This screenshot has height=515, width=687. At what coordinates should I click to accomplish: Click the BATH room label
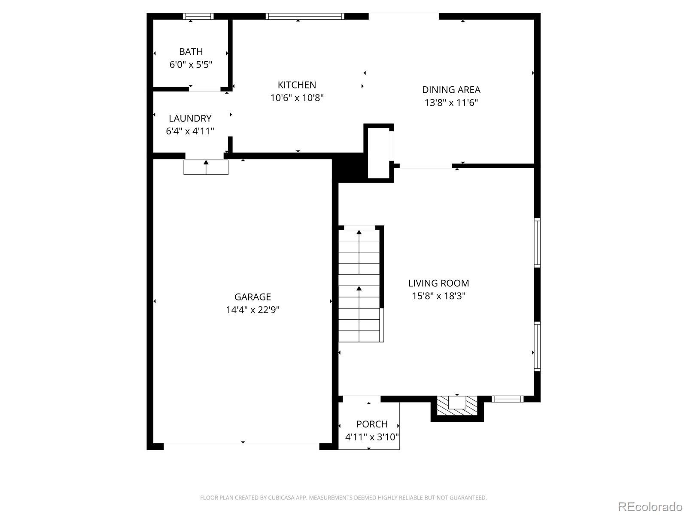(191, 51)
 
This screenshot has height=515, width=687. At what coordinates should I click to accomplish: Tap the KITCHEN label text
(297, 85)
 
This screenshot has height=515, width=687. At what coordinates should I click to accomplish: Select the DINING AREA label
(451, 90)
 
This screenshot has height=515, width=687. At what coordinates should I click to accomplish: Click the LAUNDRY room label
(190, 118)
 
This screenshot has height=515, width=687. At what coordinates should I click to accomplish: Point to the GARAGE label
(252, 297)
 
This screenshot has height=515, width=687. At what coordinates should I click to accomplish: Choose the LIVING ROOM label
(438, 283)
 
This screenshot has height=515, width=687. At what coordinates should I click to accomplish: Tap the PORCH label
(372, 424)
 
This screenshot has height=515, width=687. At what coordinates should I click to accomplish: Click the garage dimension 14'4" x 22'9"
(252, 310)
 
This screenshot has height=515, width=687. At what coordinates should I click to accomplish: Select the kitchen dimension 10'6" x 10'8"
(297, 98)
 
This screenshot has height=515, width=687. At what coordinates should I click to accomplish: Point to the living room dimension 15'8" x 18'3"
(438, 296)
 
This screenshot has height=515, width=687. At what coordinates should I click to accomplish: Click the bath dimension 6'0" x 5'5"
(191, 64)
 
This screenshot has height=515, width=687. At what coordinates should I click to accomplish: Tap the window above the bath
(198, 16)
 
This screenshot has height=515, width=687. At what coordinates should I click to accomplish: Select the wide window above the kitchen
(305, 16)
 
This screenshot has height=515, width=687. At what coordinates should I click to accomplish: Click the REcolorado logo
(650, 506)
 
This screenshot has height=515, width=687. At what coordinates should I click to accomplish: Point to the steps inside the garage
(206, 167)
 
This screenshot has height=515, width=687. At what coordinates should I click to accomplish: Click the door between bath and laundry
(205, 89)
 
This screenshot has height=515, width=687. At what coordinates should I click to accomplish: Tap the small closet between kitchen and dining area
(378, 153)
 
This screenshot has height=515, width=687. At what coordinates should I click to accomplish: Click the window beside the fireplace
(508, 399)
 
